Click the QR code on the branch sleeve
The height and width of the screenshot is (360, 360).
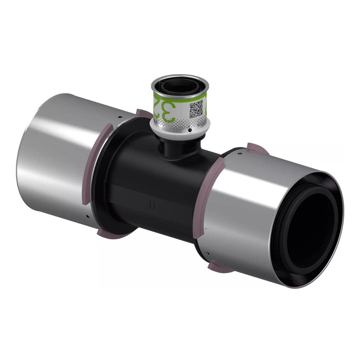coord(196,108)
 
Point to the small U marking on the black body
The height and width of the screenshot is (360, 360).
coord(152,206)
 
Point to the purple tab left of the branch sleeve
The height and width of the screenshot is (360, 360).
coord(143,113)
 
